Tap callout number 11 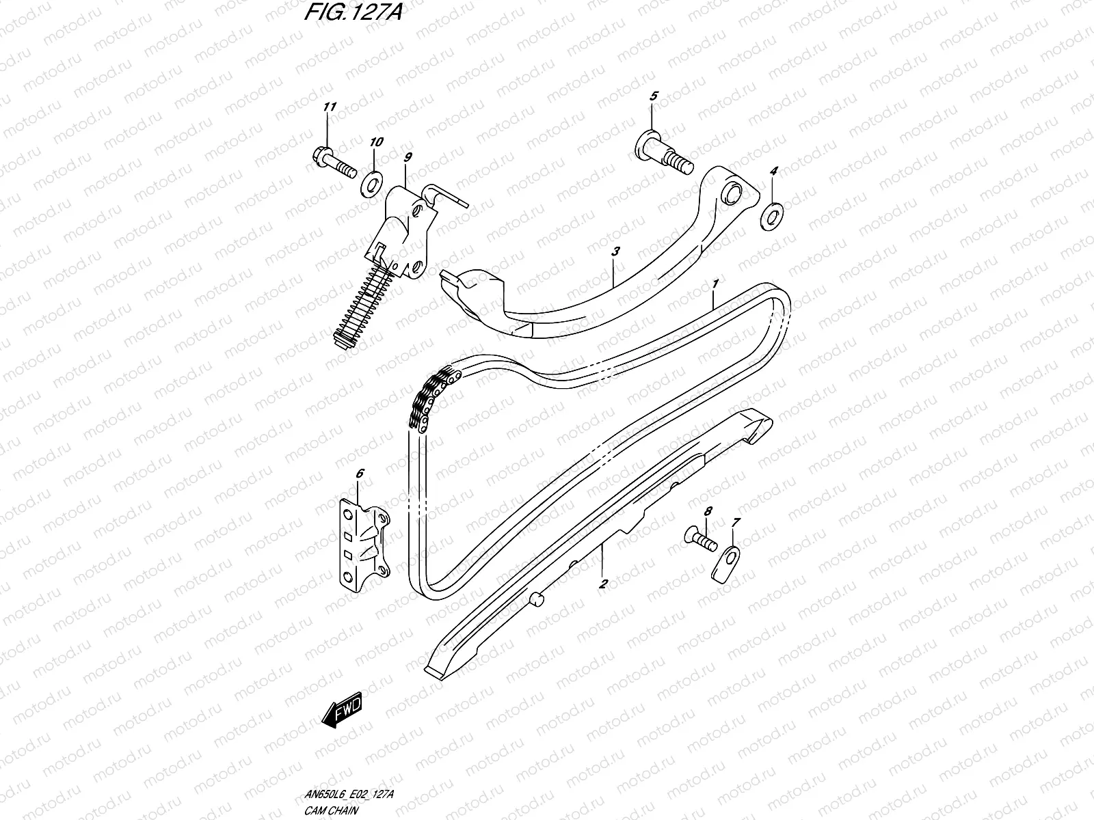click(x=330, y=107)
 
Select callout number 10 click(x=376, y=142)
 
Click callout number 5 click(x=653, y=96)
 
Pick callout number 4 click(x=773, y=171)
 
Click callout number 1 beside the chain click(x=715, y=283)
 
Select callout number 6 click(x=360, y=472)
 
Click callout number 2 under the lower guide click(x=603, y=584)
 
